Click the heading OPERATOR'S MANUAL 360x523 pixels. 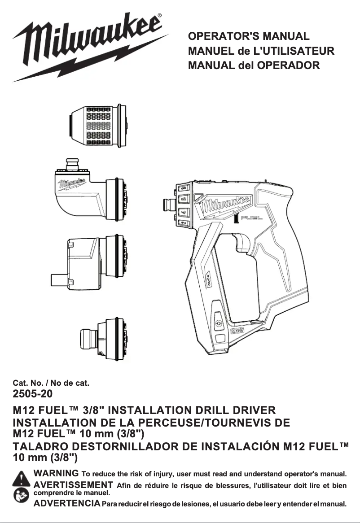(249, 36)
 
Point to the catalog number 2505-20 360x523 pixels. (32, 394)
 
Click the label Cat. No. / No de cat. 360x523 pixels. (51, 383)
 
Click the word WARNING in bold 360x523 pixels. (57, 473)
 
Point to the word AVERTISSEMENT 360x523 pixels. (73, 485)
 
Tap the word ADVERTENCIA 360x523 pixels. (67, 503)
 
